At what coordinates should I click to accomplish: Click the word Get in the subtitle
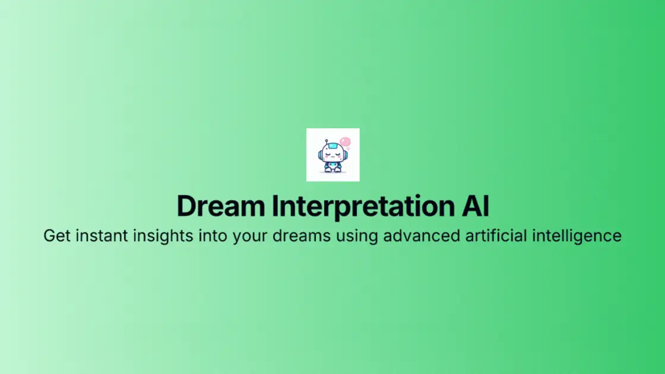[56, 236]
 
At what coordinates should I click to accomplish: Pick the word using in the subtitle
[356, 236]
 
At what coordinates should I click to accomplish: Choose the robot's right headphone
[346, 154]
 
